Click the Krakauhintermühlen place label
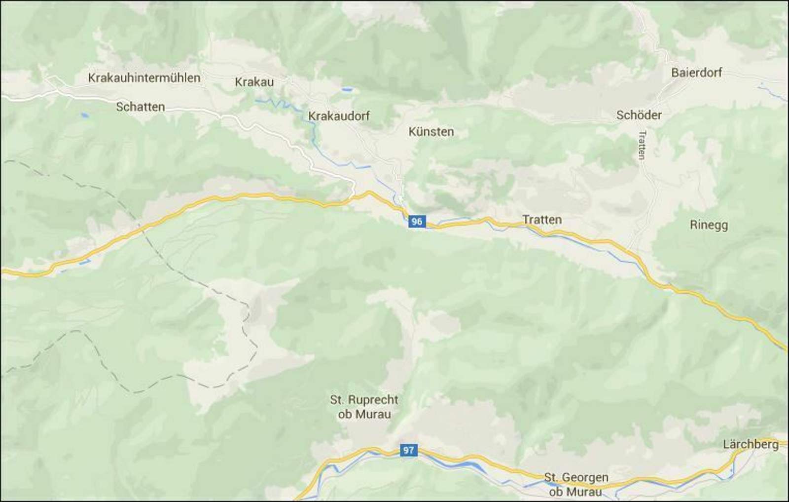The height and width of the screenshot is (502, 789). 144,78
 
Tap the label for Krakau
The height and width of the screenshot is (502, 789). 254,82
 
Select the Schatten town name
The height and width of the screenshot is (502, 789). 140,107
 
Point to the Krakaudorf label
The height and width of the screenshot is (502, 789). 339,116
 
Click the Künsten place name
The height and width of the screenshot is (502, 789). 431,132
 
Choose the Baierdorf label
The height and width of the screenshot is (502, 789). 696,73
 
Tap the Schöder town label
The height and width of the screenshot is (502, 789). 639,115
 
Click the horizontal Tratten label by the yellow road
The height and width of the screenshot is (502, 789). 542,220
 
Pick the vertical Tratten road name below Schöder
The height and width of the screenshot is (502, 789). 642,145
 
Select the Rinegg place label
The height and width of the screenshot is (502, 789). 709,225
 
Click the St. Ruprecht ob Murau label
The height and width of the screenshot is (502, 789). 364,407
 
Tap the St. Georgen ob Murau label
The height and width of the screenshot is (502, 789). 576,484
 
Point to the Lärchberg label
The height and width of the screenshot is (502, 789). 751,444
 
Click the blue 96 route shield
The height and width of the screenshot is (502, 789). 417,222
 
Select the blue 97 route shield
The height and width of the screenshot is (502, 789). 408,450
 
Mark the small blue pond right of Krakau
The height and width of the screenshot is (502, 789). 347,90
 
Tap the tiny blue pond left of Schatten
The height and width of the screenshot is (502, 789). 85,115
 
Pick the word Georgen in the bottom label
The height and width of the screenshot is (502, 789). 585,477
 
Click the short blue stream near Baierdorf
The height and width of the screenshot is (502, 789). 772,92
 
